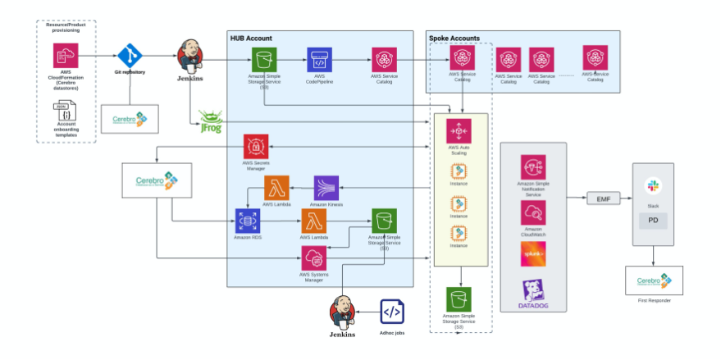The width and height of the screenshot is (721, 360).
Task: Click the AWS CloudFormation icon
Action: coord(66,56)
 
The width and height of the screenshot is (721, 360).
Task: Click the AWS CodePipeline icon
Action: coord(319,59)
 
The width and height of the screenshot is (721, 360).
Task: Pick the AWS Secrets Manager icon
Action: coord(256,148)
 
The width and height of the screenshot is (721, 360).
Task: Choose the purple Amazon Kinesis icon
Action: coord(326,188)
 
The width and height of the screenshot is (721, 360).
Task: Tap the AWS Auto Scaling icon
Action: coord(459,132)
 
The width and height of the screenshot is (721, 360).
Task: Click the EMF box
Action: coord(605,198)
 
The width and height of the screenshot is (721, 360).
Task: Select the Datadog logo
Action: coord(532,293)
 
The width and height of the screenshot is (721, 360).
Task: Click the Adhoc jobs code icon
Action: coord(392,312)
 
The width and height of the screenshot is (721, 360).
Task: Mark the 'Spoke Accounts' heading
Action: coord(454,38)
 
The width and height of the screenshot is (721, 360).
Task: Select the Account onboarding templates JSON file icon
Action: coord(65,114)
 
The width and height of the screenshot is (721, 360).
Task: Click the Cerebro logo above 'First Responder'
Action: coord(654,280)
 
